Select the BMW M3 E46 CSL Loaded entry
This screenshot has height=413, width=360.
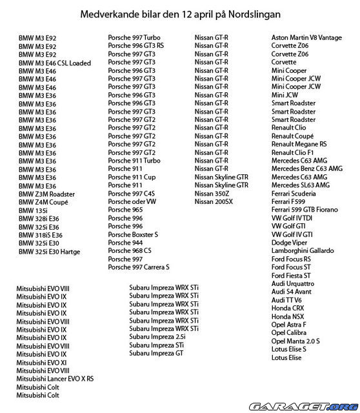click(x=55, y=63)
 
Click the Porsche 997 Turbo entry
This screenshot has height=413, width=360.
click(x=134, y=37)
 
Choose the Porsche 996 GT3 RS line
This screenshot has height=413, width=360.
click(x=136, y=46)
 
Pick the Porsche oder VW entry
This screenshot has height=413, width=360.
click(x=132, y=201)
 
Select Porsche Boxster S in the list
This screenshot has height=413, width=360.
click(x=132, y=234)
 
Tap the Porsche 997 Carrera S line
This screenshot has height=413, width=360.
click(x=139, y=267)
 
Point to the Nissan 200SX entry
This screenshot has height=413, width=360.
click(x=214, y=201)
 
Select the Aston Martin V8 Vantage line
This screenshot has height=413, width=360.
click(x=306, y=38)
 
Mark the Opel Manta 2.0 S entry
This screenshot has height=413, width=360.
click(x=296, y=340)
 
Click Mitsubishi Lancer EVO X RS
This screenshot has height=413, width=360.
click(x=55, y=379)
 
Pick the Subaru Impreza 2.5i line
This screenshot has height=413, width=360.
click(x=157, y=336)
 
